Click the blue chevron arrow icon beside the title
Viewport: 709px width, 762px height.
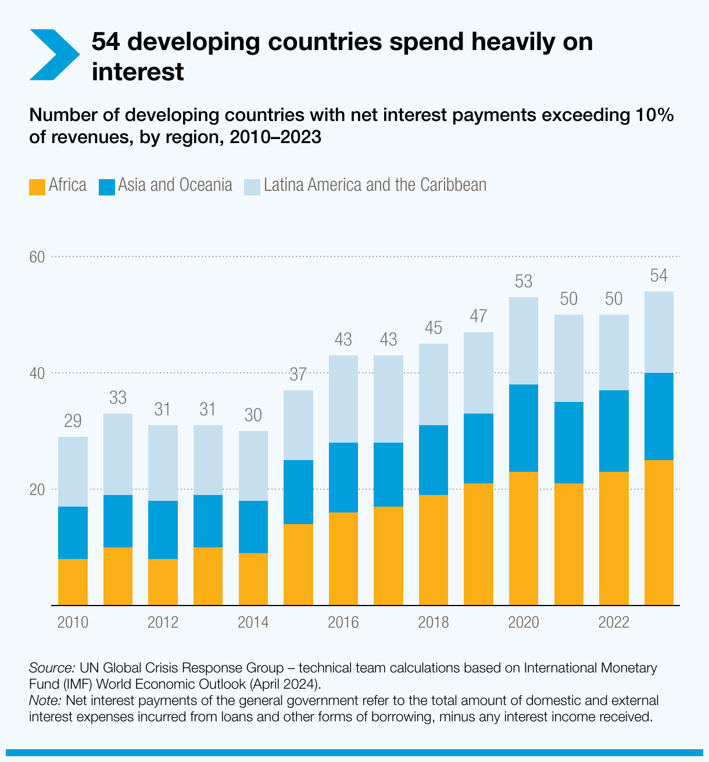coord(54,55)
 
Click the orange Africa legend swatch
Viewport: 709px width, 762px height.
coord(37,186)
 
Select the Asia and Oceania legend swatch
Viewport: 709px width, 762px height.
coord(107,186)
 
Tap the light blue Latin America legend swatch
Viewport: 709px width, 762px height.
coord(252,186)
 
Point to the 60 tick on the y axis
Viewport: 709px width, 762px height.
coord(37,257)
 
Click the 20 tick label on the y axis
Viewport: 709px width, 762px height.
coord(37,489)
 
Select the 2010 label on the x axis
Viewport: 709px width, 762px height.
coord(73,622)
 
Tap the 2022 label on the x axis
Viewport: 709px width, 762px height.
coord(614,622)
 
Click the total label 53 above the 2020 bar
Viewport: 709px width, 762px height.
coord(524,282)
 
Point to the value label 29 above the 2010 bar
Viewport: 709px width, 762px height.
coord(73,421)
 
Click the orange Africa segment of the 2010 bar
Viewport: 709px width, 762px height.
coord(73,582)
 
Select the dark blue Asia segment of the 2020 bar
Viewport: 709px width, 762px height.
coord(524,428)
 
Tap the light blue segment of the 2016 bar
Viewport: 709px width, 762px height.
coord(343,399)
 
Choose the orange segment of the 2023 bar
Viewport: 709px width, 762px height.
coord(658,532)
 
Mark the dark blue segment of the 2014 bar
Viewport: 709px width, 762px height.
coord(253,527)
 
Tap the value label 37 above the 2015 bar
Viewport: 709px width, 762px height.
coord(298,375)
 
